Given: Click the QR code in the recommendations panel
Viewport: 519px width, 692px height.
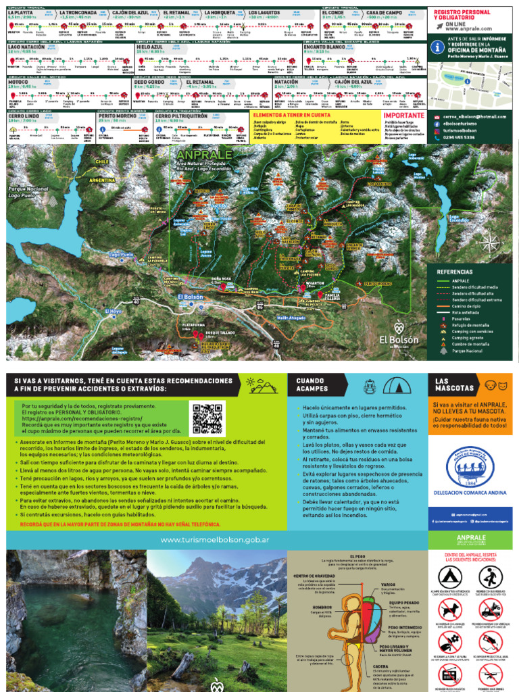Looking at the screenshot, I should (x=207, y=419).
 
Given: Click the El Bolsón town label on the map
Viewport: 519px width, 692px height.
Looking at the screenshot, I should (x=191, y=297).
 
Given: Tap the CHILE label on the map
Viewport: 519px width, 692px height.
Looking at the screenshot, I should (x=102, y=162).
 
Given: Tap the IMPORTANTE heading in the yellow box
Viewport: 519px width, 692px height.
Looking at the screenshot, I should (x=403, y=116).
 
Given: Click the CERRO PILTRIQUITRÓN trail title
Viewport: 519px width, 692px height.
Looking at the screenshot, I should (x=181, y=116).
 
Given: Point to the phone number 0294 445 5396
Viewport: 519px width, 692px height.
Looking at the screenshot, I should (x=460, y=137).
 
